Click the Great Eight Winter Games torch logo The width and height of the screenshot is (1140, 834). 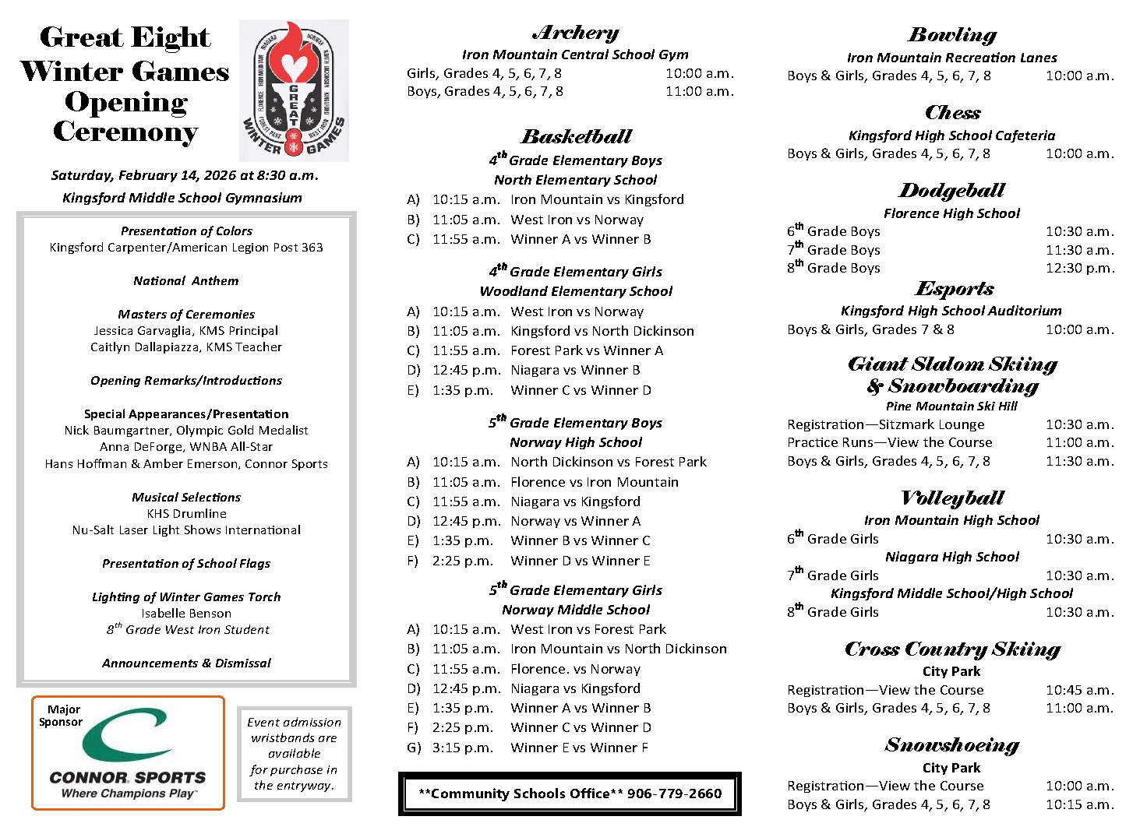(294, 90)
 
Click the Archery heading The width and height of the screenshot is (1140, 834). (575, 33)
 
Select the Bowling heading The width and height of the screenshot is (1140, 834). (951, 35)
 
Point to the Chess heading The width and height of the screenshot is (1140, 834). (952, 113)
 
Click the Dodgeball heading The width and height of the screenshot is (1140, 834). (951, 191)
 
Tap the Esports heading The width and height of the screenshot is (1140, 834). (954, 289)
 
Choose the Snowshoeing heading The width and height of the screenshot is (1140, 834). (951, 745)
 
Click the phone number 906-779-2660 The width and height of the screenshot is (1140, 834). (675, 794)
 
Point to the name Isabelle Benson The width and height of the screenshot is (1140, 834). (186, 614)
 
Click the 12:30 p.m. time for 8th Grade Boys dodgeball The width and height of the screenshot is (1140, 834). (1080, 268)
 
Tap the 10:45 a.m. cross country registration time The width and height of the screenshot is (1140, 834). (1079, 690)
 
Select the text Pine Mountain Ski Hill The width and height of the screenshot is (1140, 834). (951, 406)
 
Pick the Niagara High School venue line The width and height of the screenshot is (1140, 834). (951, 557)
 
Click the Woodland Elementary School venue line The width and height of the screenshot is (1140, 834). (576, 291)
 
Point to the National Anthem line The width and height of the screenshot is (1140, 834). (186, 281)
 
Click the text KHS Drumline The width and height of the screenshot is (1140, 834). (187, 514)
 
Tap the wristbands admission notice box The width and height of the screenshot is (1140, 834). (295, 754)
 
